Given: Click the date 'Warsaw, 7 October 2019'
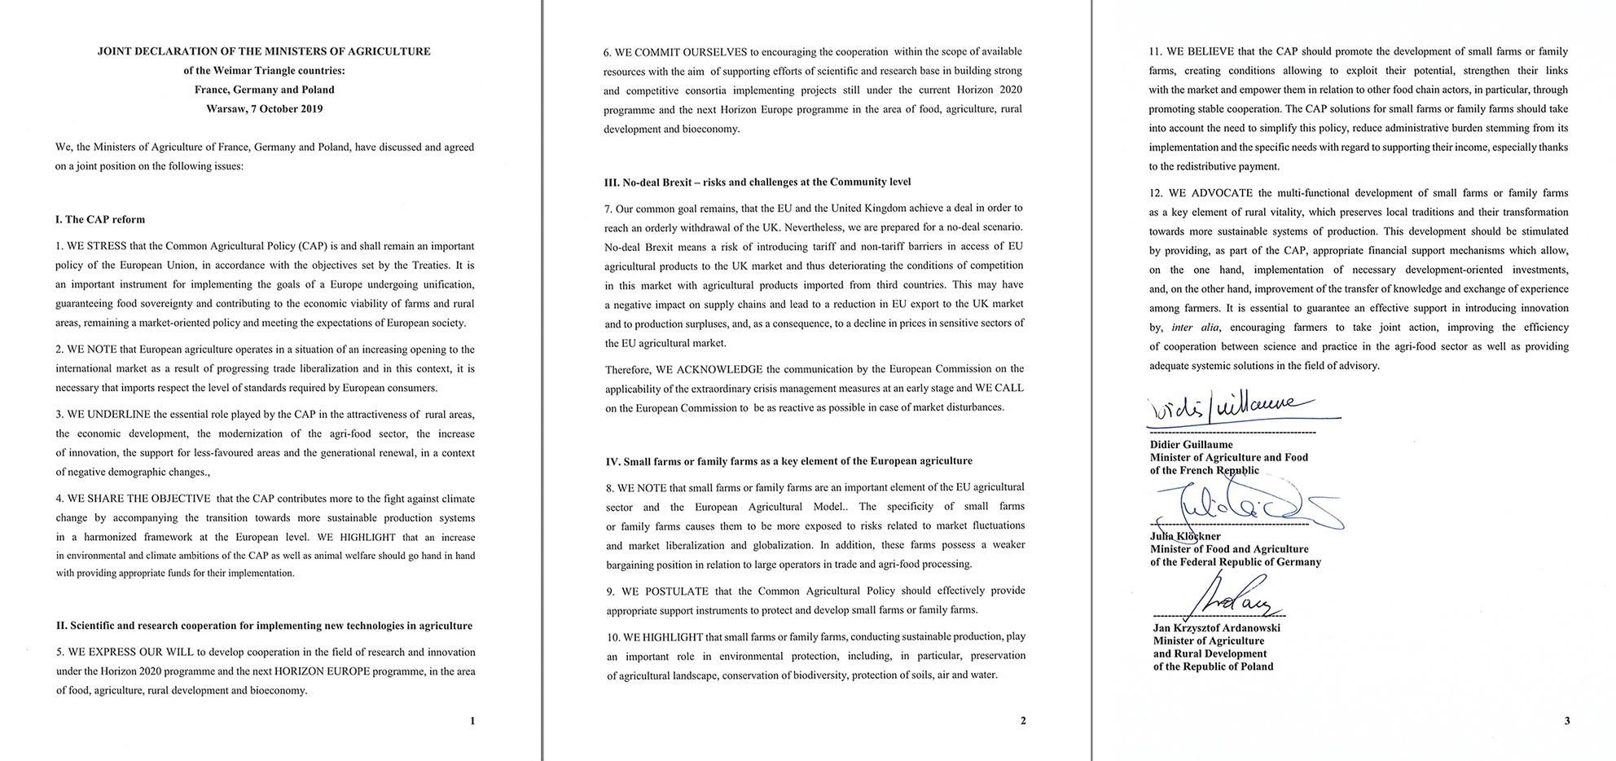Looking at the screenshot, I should click(264, 108).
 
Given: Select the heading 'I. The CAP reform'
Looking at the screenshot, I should click(100, 219).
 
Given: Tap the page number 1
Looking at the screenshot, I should click(472, 720).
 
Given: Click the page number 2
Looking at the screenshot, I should click(1023, 720).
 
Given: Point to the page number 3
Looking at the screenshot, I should click(1567, 720).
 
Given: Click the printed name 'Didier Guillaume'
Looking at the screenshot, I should click(1191, 445).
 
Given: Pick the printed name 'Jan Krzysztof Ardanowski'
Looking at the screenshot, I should click(1216, 628).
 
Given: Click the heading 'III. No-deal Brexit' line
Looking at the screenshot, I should click(757, 182).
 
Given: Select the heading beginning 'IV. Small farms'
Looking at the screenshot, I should click(788, 461).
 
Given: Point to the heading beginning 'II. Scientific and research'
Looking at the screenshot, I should click(264, 626).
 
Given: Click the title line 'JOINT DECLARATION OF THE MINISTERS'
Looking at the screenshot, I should click(264, 51).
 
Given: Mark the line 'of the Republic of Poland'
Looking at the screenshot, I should click(1213, 666).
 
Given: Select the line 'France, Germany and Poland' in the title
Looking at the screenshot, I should click(264, 90).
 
